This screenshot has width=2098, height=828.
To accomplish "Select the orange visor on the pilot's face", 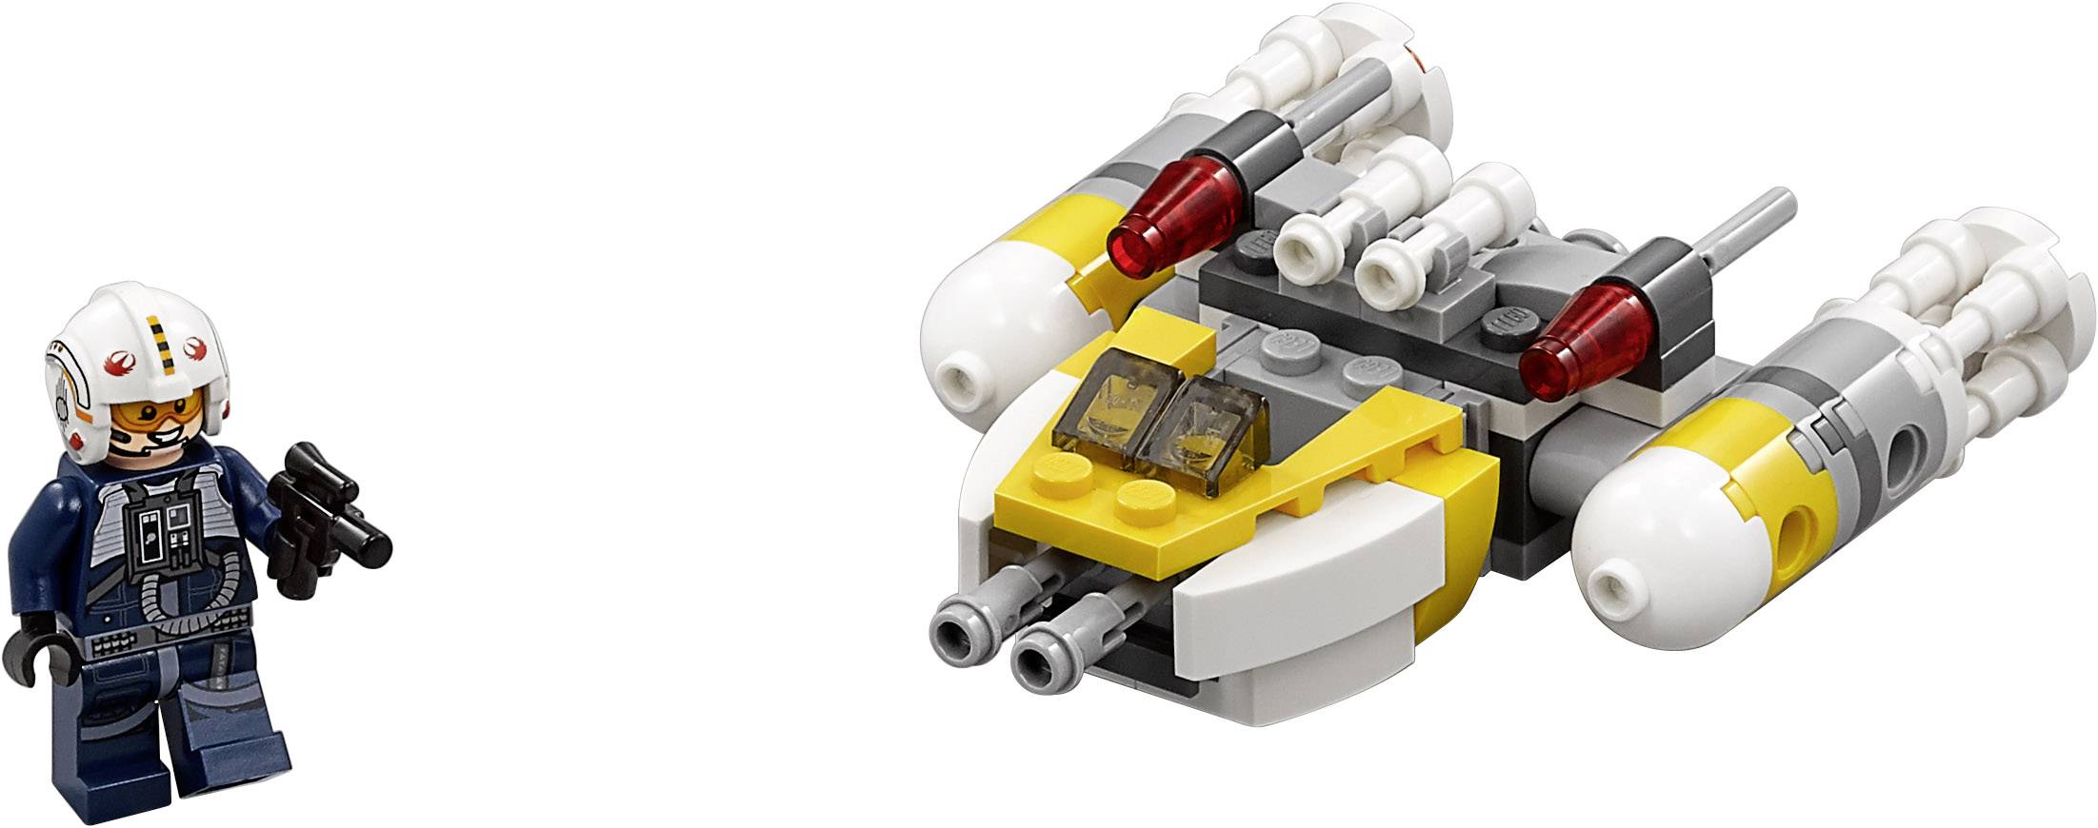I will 149,412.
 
